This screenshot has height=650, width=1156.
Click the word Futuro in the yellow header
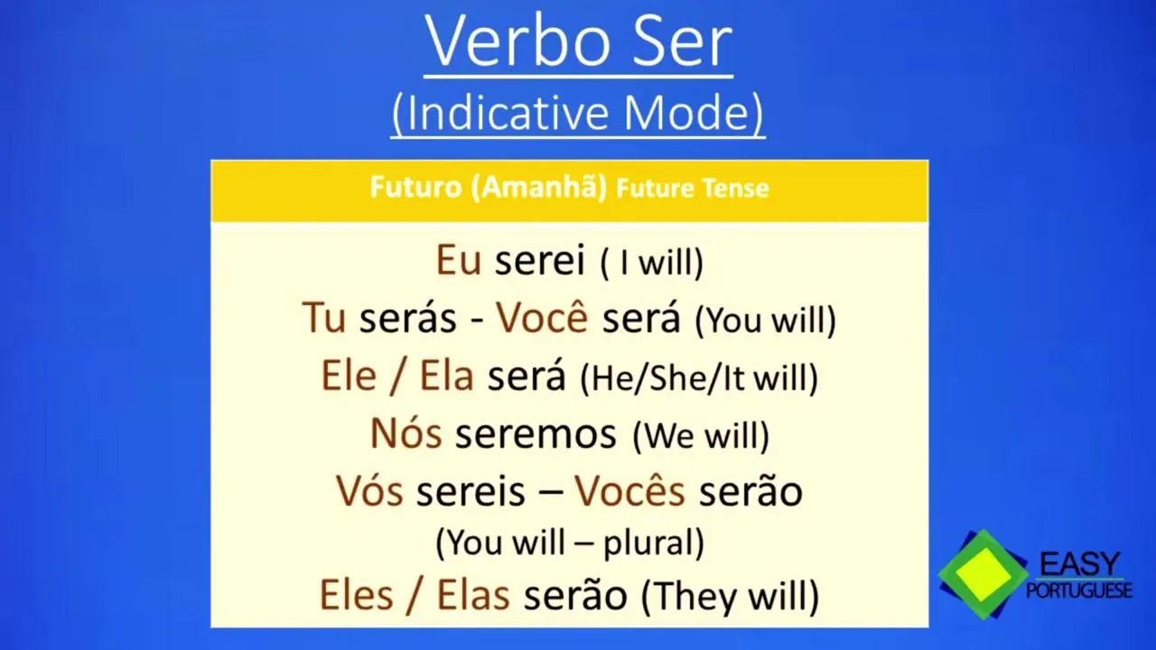pyautogui.click(x=415, y=187)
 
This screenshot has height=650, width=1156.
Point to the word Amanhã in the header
pyautogui.click(x=537, y=186)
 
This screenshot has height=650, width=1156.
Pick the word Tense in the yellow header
pyautogui.click(x=739, y=189)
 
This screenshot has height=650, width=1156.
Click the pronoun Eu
pyautogui.click(x=459, y=260)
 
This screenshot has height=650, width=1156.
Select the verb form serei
pyautogui.click(x=540, y=261)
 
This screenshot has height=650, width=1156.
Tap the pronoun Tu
pyautogui.click(x=323, y=317)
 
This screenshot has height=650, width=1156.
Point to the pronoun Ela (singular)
pyautogui.click(x=447, y=375)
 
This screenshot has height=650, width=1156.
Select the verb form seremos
pyautogui.click(x=536, y=434)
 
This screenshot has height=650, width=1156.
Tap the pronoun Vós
pyautogui.click(x=369, y=489)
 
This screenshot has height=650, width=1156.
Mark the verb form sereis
pyautogui.click(x=471, y=490)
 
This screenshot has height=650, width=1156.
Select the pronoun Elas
pyautogui.click(x=473, y=595)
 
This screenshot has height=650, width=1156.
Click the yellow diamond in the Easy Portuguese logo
pyautogui.click(x=984, y=573)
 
